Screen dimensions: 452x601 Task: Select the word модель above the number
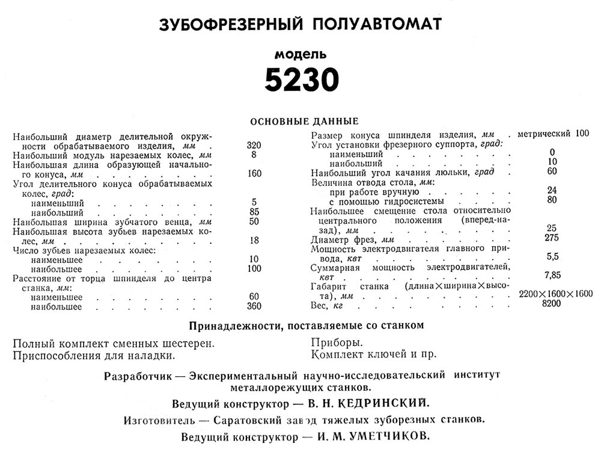click(x=300, y=54)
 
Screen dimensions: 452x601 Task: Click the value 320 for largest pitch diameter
click(x=254, y=146)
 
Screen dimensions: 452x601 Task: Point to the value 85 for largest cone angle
click(x=254, y=212)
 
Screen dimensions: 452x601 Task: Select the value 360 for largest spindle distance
click(x=254, y=307)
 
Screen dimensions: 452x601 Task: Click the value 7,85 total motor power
click(x=552, y=275)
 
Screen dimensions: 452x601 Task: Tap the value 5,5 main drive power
click(x=552, y=256)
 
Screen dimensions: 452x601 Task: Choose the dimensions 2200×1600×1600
click(x=555, y=294)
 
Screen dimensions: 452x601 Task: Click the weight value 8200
click(x=552, y=303)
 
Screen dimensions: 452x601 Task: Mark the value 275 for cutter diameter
click(x=552, y=238)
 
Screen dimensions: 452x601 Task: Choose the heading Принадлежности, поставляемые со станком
click(x=307, y=326)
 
